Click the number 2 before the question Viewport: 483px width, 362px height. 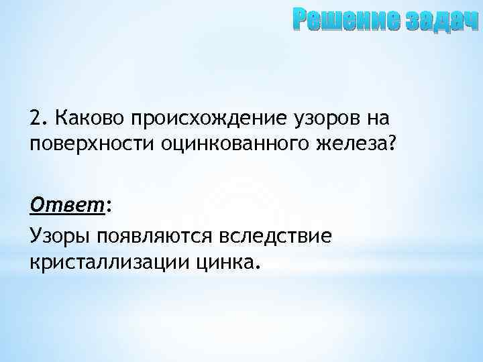click(35, 118)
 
